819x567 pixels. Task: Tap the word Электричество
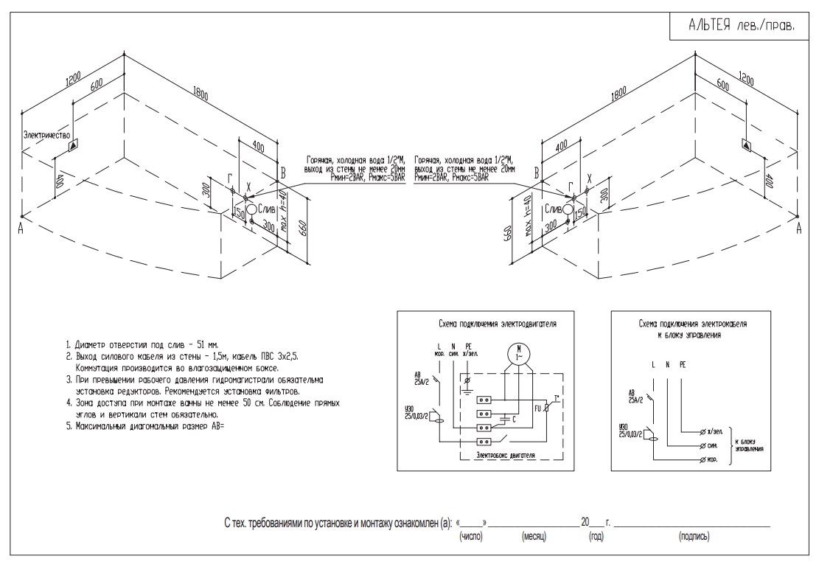(46, 136)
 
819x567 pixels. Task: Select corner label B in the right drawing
(537, 173)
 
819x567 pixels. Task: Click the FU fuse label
(537, 406)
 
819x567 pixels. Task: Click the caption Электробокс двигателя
(505, 456)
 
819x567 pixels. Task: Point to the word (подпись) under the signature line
(694, 536)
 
